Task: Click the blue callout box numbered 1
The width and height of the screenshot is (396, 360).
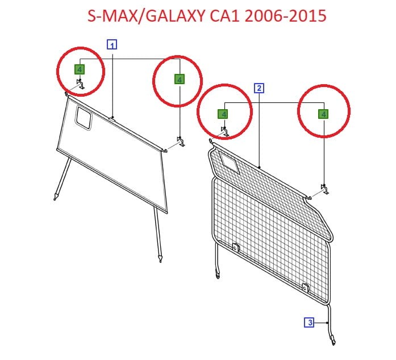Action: point(112,45)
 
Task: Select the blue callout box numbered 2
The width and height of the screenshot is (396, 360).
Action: point(259,88)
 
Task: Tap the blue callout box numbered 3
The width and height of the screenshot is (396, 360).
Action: point(309,322)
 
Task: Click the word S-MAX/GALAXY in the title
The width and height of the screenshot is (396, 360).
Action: point(145,16)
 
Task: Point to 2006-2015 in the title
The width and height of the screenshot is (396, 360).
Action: point(286,16)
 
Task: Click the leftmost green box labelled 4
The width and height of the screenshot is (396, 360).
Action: point(80,69)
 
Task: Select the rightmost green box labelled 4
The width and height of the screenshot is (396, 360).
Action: point(323,114)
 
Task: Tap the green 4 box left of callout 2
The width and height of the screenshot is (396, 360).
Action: point(223,114)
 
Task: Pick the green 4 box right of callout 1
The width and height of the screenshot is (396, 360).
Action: point(180,79)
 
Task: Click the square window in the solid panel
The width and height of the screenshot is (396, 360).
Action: point(84,118)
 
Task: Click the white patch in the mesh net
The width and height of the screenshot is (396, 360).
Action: point(230,162)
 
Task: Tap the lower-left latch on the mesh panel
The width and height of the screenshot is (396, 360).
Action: point(236,247)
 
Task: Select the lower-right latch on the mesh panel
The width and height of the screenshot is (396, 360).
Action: point(305,287)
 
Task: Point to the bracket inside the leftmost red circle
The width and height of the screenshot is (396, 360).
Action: point(81,84)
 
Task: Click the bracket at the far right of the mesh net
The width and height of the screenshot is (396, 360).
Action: point(324,189)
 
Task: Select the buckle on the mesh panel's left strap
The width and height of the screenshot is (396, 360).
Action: point(218,274)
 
